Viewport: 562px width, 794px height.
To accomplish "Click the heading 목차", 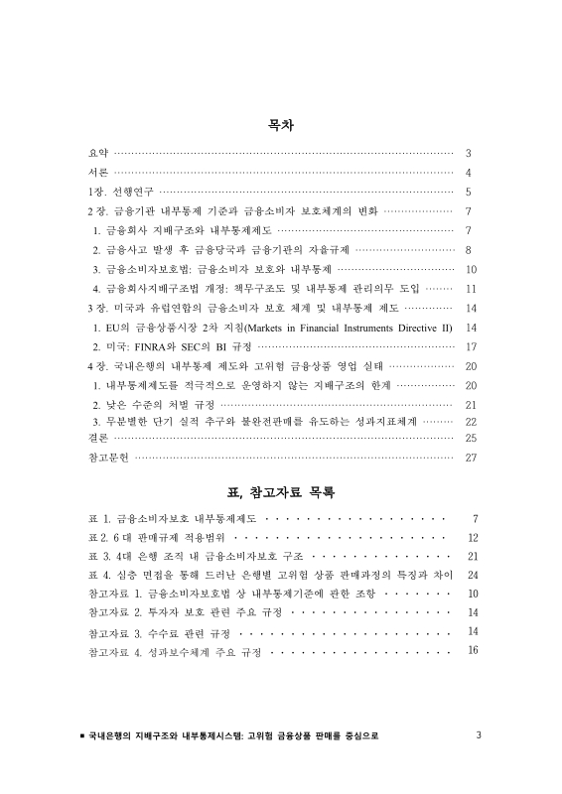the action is pyautogui.click(x=281, y=126).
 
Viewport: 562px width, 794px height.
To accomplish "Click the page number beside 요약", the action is pyautogui.click(x=468, y=154).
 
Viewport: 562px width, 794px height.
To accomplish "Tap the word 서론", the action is pyautogui.click(x=97, y=173).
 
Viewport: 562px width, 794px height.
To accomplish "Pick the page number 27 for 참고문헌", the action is pyautogui.click(x=472, y=458).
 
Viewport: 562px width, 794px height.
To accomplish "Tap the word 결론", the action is pyautogui.click(x=97, y=437).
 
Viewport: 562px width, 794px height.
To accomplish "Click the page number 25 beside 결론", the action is pyautogui.click(x=472, y=437).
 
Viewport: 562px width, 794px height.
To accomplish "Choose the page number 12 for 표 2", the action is pyautogui.click(x=473, y=537).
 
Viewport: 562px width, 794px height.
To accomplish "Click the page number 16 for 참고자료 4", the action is pyautogui.click(x=473, y=650).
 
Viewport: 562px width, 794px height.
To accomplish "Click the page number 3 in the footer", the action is pyautogui.click(x=479, y=735).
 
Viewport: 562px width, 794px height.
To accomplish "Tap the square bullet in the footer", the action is pyautogui.click(x=81, y=736).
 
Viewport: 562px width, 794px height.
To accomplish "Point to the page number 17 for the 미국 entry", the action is pyautogui.click(x=472, y=346).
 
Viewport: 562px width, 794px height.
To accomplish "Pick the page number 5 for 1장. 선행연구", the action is pyautogui.click(x=468, y=192).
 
